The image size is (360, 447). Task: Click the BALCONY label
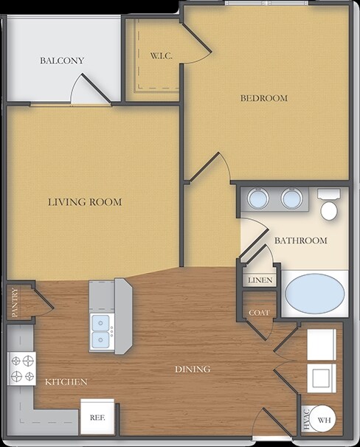(62, 60)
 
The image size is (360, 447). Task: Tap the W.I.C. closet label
(162, 55)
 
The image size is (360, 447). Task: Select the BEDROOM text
(264, 98)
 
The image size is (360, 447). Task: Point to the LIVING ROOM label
(85, 202)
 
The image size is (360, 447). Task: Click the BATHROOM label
(301, 240)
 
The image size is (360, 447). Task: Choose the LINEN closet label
(260, 280)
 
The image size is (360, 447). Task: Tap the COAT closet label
(259, 313)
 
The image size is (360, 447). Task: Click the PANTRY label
(15, 302)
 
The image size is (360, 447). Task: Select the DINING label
(193, 369)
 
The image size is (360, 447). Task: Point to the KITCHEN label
(66, 381)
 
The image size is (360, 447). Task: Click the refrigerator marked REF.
(97, 416)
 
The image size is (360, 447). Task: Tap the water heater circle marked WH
(322, 420)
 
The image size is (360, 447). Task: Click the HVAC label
(307, 420)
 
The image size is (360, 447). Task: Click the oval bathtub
(315, 294)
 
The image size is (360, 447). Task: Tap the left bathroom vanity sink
(258, 198)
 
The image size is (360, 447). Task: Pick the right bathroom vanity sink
(291, 198)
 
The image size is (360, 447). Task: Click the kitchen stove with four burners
(21, 369)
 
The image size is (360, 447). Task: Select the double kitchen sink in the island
(100, 332)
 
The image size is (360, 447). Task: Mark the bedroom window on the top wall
(266, 3)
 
